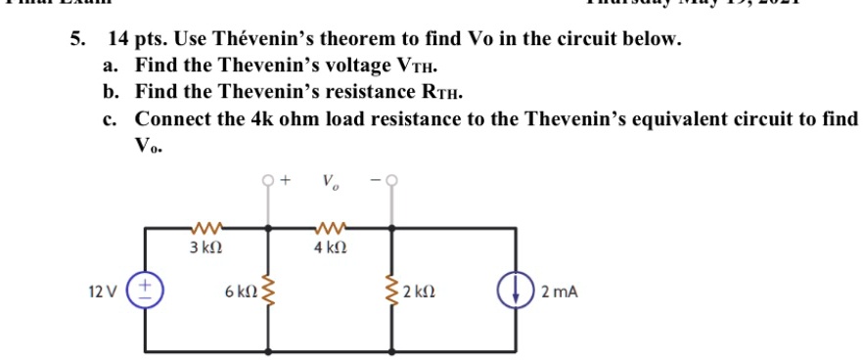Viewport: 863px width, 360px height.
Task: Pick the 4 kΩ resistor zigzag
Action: [x=327, y=229]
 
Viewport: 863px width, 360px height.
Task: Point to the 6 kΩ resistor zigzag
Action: [x=268, y=292]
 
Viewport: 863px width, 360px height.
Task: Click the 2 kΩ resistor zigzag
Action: [x=393, y=292]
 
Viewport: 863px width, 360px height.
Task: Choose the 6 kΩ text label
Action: [x=238, y=292]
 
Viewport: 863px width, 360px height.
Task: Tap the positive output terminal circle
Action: [x=268, y=181]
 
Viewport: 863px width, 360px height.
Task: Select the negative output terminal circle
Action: [x=393, y=181]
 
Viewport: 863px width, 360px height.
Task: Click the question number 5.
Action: [x=75, y=40]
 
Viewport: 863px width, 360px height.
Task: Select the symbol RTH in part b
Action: [x=443, y=93]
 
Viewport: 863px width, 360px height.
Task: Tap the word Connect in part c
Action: [x=172, y=118]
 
